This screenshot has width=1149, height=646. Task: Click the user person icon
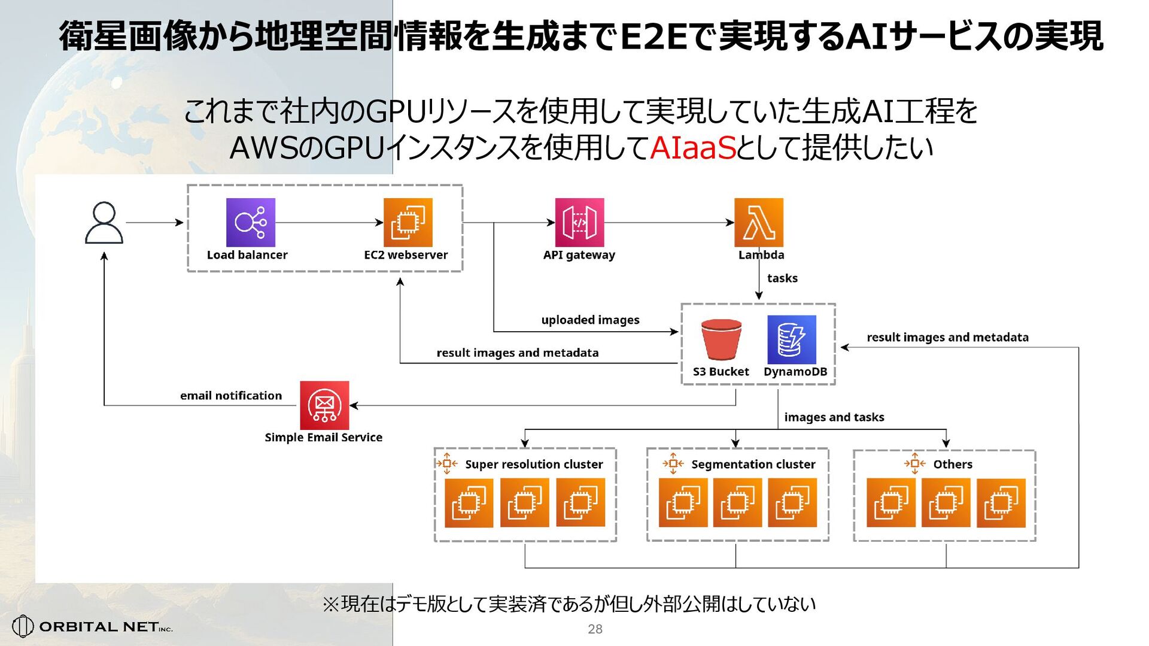click(104, 223)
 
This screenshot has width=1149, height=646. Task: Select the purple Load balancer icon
click(250, 223)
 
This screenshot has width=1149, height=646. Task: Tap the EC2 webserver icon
click(408, 223)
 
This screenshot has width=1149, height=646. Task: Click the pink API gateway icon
click(579, 223)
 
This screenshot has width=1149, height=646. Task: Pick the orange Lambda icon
click(758, 223)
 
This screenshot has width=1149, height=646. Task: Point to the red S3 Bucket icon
click(721, 339)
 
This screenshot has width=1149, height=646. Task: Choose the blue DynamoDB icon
click(791, 339)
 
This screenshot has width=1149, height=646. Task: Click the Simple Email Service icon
click(324, 405)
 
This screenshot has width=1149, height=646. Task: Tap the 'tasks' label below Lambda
click(782, 278)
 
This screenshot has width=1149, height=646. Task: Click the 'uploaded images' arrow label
click(590, 320)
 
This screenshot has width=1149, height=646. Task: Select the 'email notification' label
click(231, 396)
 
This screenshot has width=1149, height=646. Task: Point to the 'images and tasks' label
click(834, 417)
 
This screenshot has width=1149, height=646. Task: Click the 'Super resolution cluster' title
click(534, 465)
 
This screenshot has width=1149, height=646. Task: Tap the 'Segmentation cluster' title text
click(753, 465)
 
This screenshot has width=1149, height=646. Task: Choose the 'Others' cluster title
click(953, 465)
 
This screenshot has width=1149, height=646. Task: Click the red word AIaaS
click(692, 148)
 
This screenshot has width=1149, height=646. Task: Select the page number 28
click(595, 629)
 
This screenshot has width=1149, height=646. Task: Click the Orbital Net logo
click(93, 626)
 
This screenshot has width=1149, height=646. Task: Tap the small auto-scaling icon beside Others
click(914, 463)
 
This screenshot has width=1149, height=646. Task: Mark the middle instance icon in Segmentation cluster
click(737, 503)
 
